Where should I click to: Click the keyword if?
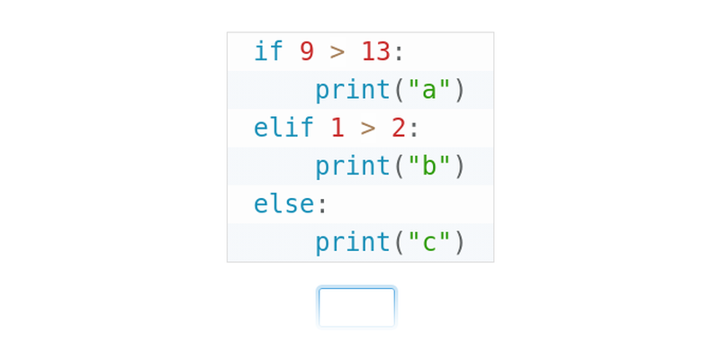(268, 51)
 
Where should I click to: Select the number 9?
(307, 51)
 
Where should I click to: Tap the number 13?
(375, 51)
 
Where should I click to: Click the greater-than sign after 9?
(337, 51)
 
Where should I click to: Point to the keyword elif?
(283, 128)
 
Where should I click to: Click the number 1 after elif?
(337, 128)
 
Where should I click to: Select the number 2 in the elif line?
(398, 128)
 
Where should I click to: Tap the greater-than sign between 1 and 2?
(368, 128)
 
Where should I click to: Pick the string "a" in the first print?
(429, 90)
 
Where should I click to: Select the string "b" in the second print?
(429, 166)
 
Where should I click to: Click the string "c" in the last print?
(429, 243)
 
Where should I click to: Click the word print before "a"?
(353, 90)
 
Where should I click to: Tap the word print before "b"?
(353, 166)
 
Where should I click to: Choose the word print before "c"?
(353, 243)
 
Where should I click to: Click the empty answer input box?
(356, 307)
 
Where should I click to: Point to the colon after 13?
(399, 52)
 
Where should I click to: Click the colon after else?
(322, 205)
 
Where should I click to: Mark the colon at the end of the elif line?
(414, 129)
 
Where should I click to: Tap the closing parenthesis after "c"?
(459, 243)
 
